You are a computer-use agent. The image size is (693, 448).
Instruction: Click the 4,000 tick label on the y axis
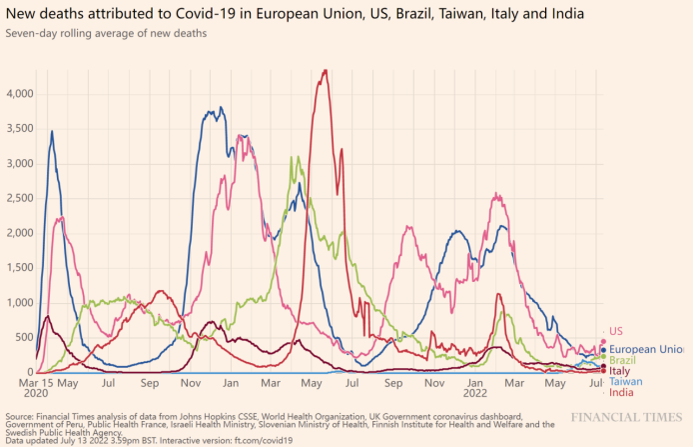coord(18,93)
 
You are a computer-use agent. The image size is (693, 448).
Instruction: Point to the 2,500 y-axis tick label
coord(18,198)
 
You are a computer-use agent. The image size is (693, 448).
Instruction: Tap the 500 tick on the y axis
coord(24,337)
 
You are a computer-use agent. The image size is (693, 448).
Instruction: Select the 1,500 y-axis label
coord(18,268)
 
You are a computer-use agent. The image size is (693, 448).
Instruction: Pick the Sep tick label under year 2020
coord(150,383)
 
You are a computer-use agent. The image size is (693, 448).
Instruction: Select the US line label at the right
coord(616,331)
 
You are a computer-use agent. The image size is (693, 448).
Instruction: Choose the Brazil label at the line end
coord(623,360)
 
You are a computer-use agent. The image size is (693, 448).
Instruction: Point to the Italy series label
coord(619,371)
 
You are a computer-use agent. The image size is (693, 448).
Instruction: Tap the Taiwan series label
coord(625,382)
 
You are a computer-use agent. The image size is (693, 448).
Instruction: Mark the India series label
coord(621,392)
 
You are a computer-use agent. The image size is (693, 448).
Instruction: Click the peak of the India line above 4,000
coord(324,71)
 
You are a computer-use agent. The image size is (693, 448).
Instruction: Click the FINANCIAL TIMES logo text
coord(626,415)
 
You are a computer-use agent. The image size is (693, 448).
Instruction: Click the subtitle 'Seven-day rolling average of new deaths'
coord(106,34)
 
